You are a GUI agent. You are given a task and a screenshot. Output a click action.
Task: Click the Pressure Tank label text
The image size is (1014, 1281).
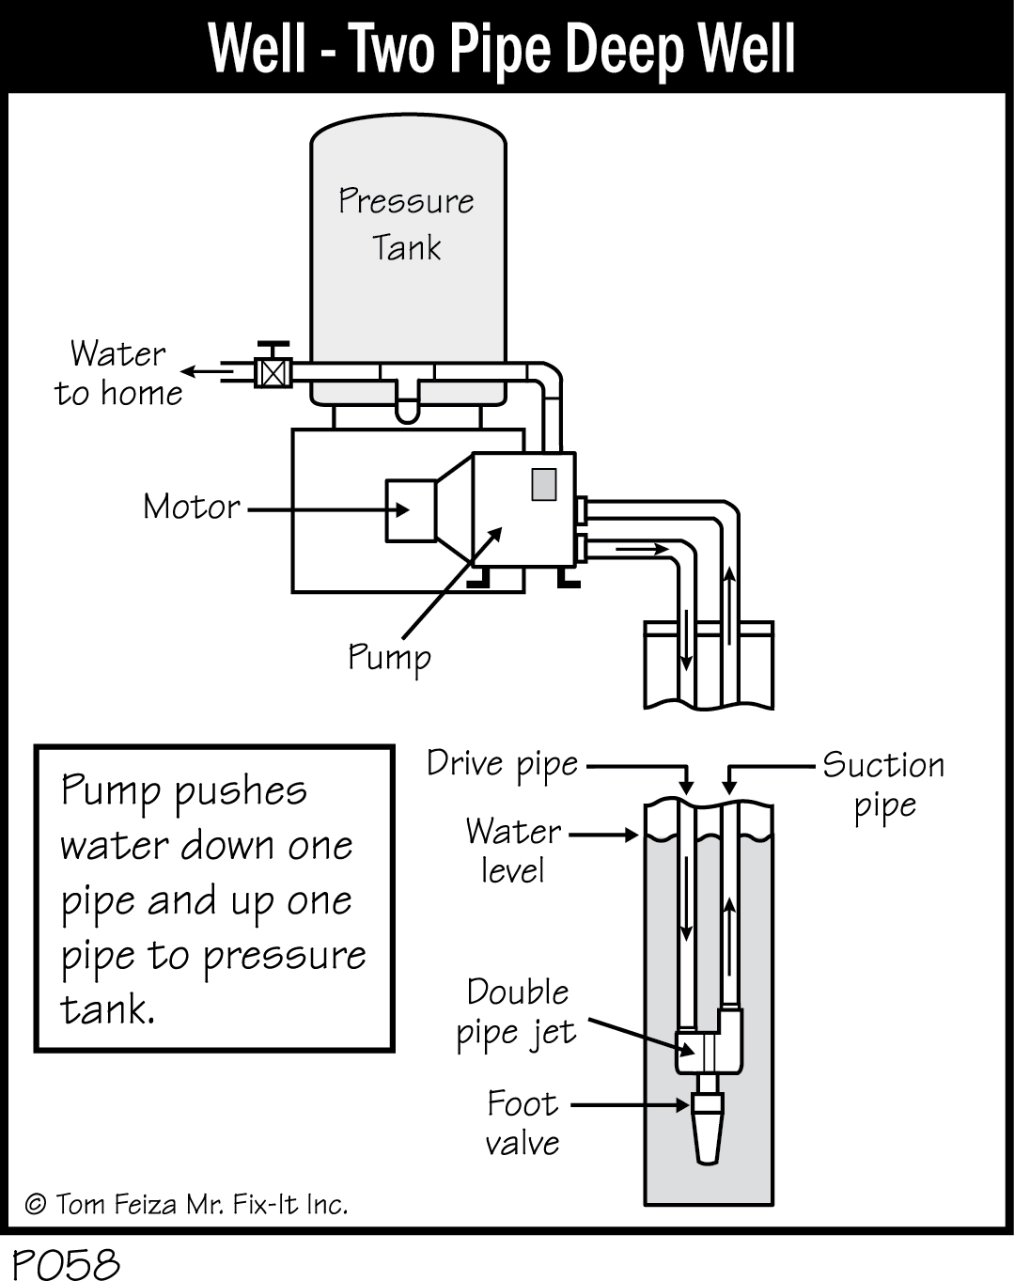(406, 224)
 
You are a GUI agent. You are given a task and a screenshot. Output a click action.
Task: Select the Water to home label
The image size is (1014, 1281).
(118, 373)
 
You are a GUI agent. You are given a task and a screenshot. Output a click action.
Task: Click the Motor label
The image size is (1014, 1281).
(192, 508)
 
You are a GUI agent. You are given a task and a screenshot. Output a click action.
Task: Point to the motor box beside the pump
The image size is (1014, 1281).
(411, 510)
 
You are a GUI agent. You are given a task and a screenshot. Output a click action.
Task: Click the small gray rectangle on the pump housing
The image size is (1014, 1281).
(543, 483)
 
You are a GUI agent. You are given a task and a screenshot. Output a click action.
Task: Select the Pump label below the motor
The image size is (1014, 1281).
(389, 656)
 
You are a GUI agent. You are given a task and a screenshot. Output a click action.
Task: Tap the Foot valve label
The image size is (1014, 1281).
(523, 1123)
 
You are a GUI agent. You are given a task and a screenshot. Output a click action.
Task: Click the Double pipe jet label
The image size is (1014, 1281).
(517, 1012)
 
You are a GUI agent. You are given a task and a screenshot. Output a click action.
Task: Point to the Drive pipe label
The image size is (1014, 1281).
(502, 763)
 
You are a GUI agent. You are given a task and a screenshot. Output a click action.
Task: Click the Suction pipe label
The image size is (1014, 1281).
(883, 784)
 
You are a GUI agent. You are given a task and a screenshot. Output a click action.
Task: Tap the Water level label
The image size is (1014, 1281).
(513, 851)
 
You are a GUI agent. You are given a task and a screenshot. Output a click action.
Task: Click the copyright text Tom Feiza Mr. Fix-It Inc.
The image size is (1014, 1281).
(186, 1204)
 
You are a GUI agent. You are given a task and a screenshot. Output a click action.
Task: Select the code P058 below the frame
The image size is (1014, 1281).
(66, 1262)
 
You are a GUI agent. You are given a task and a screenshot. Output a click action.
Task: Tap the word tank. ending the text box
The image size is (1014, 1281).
(106, 1009)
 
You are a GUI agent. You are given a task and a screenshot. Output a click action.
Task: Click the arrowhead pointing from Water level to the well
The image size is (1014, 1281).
(633, 834)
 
